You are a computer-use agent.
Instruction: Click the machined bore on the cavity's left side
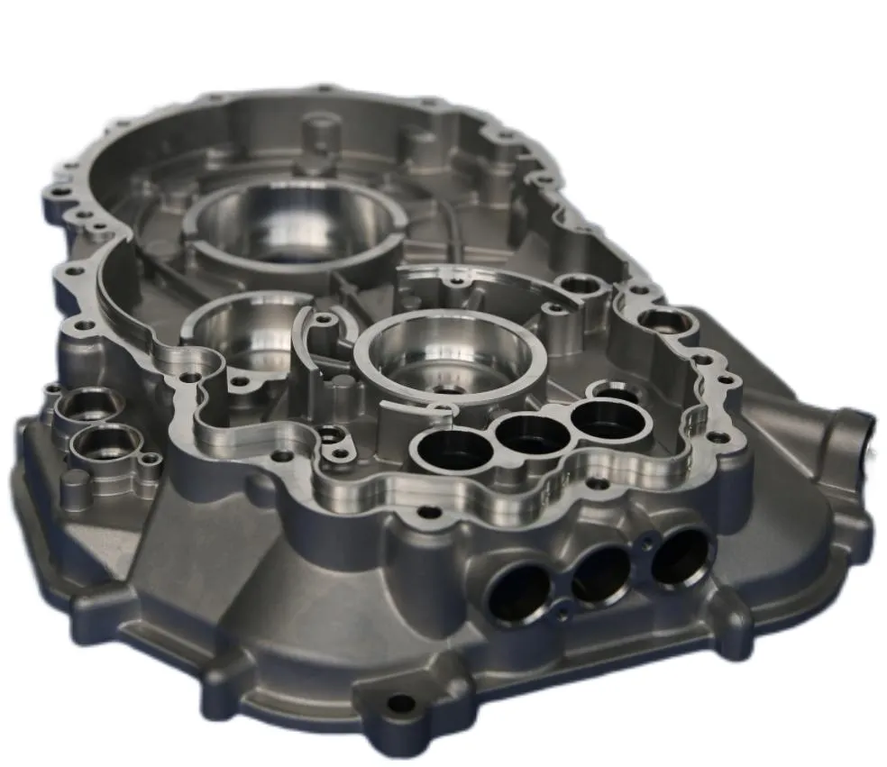point(242,333)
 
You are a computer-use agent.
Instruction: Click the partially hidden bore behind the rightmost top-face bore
point(616,391)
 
